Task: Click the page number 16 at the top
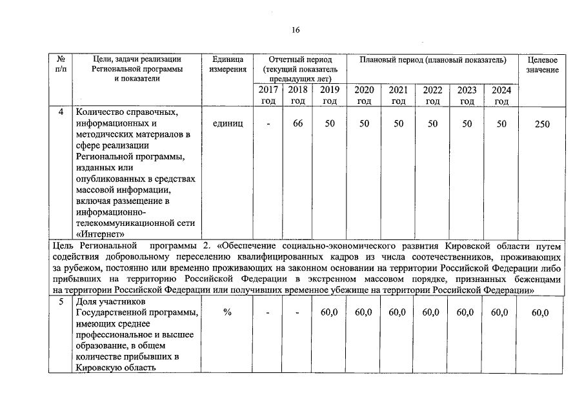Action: click(x=296, y=30)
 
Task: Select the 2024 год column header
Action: click(x=501, y=96)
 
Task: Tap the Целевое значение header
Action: click(x=542, y=65)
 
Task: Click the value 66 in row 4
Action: click(x=297, y=123)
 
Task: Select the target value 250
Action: click(x=542, y=124)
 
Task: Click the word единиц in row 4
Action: click(x=228, y=123)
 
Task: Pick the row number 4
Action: click(x=61, y=112)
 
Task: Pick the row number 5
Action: click(x=61, y=301)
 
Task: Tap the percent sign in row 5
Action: click(x=228, y=313)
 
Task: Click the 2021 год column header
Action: click(x=398, y=96)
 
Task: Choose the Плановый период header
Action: click(x=433, y=60)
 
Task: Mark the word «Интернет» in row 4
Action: click(x=100, y=234)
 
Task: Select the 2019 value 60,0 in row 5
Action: click(x=330, y=313)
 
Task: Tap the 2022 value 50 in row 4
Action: click(x=432, y=123)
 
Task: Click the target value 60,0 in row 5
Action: click(x=542, y=314)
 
